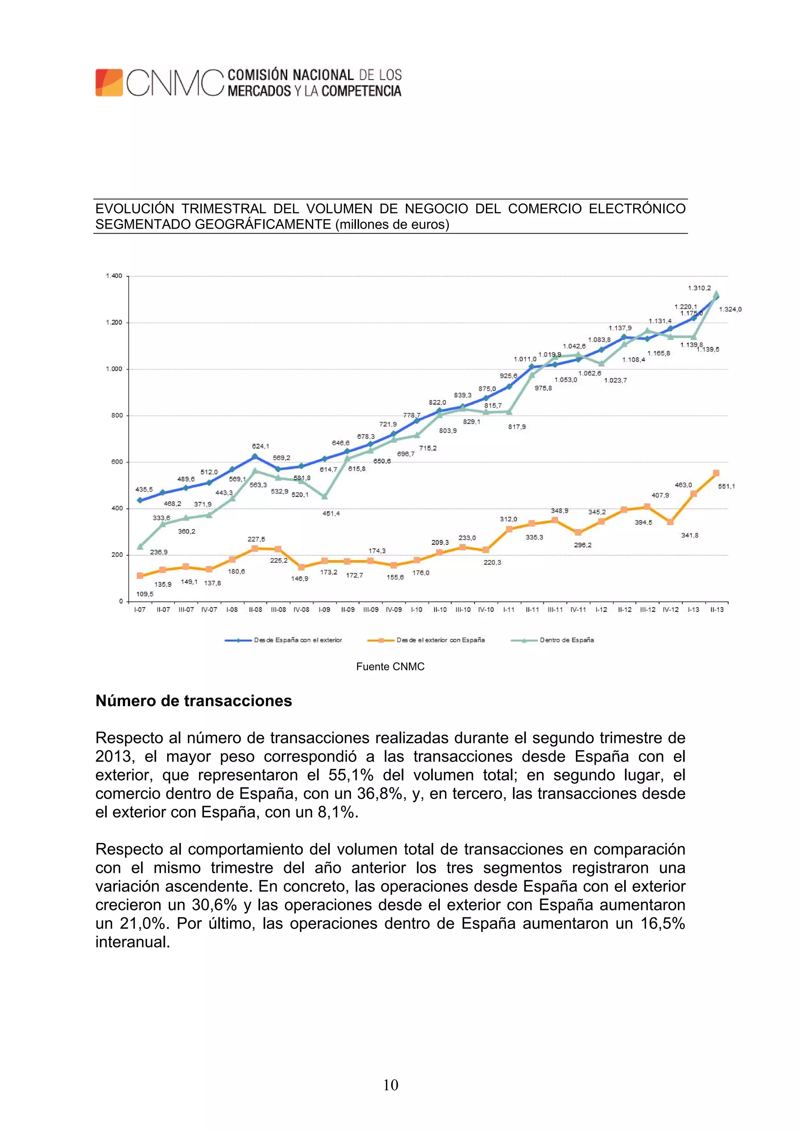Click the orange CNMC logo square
point(109,82)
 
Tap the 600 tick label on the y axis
point(117,462)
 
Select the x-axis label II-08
point(255,610)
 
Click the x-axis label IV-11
point(578,610)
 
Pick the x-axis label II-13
point(717,610)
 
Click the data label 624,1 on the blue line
point(260,446)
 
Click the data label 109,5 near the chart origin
point(145,594)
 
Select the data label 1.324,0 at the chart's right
point(730,309)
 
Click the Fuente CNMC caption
point(390,667)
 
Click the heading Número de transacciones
point(194,701)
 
